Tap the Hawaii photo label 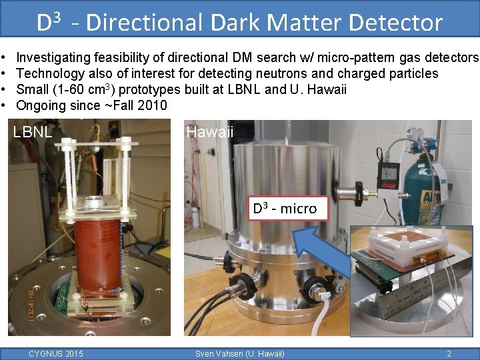pos(210,132)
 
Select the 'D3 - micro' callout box pos(285,208)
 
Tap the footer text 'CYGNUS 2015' pos(56,353)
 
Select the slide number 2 pos(449,353)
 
